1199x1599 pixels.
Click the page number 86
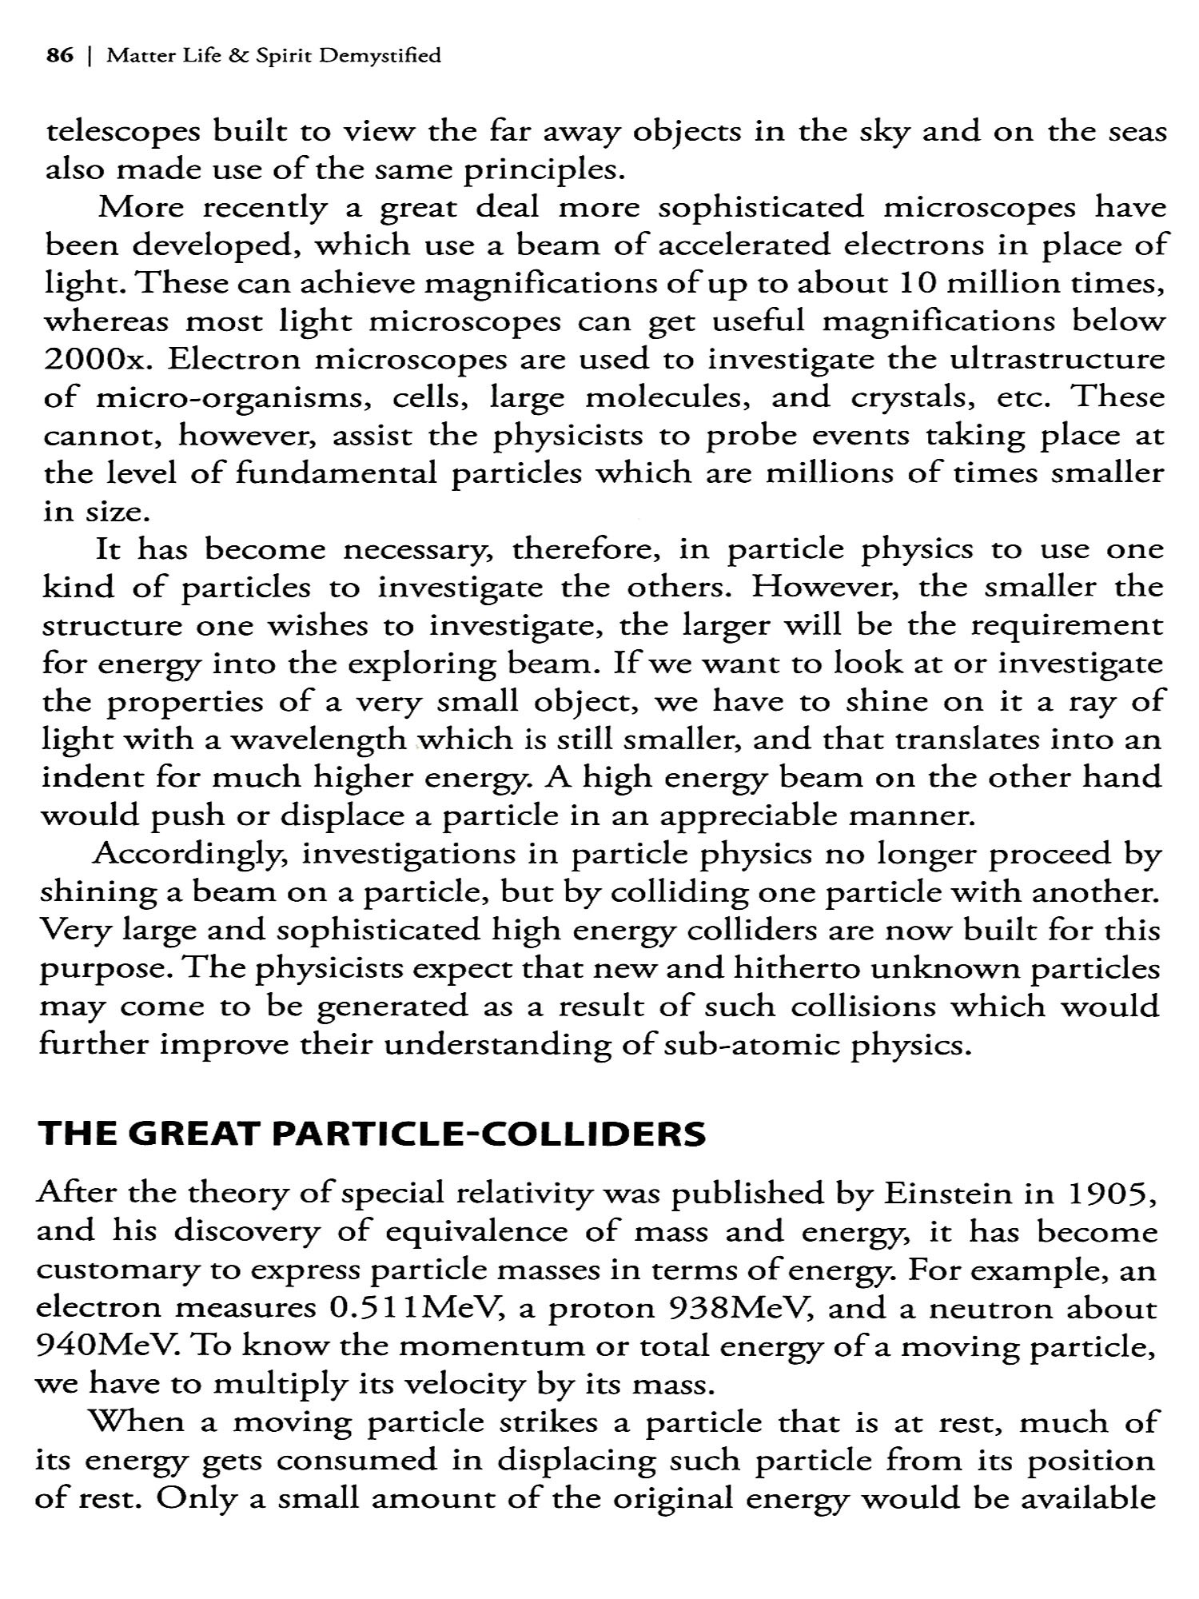click(60, 55)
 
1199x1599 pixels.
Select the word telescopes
click(125, 133)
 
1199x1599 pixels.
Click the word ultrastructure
click(1057, 359)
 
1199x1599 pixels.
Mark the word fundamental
click(337, 473)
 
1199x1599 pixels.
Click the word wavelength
click(318, 740)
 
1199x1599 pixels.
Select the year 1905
click(1112, 1193)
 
